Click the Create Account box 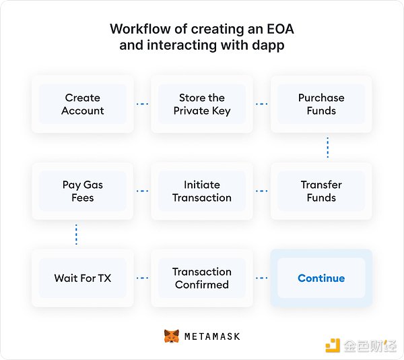[x=83, y=104]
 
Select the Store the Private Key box [x=202, y=104]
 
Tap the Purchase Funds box [x=321, y=104]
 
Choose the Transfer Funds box [x=321, y=191]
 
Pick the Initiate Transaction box [x=202, y=191]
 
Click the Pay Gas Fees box [x=83, y=191]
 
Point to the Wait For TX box [x=83, y=278]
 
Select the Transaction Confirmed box [x=202, y=278]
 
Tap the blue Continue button [x=321, y=278]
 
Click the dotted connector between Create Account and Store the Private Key [x=142, y=104]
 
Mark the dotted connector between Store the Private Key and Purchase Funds [x=261, y=104]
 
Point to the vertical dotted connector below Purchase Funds [x=327, y=148]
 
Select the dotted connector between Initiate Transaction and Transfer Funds [x=261, y=191]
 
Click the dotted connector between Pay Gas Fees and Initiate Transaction [x=142, y=191]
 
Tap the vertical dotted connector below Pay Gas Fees [x=76, y=235]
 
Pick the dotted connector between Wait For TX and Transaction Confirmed [x=142, y=278]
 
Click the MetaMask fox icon [x=172, y=336]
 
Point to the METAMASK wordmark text [x=212, y=336]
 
